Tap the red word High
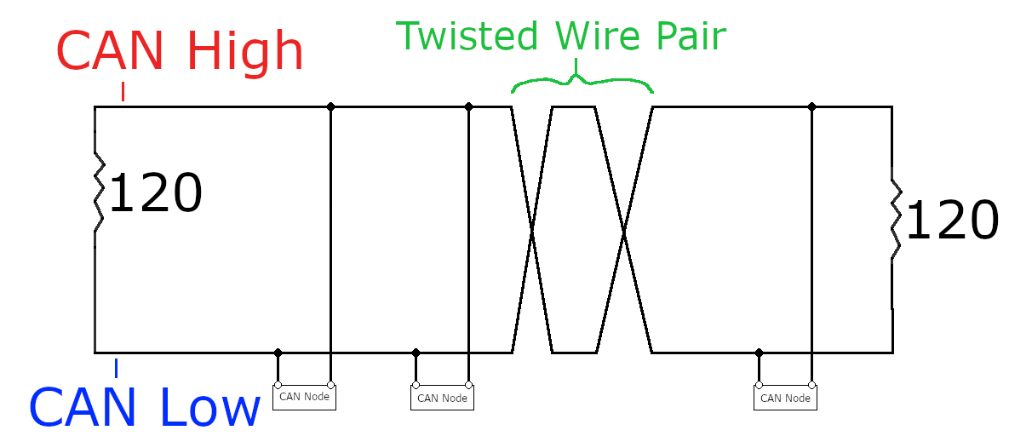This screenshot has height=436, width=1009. coord(245,53)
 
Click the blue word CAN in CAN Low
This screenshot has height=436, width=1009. coord(83,408)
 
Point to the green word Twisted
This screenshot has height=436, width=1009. coord(467,37)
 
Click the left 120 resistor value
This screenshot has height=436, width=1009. coord(156,194)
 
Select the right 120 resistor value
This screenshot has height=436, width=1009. coord(951,221)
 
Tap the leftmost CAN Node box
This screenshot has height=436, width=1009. coord(304,397)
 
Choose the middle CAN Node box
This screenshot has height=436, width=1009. coord(442,398)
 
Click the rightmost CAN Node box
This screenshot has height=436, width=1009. coord(785,398)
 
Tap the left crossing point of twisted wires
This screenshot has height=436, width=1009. coord(532,229)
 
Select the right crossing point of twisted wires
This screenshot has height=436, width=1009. coord(623,229)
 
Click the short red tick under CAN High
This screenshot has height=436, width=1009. coord(123,91)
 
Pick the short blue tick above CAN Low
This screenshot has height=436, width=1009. coord(116,367)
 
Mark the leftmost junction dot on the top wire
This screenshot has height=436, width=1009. coord(330,107)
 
